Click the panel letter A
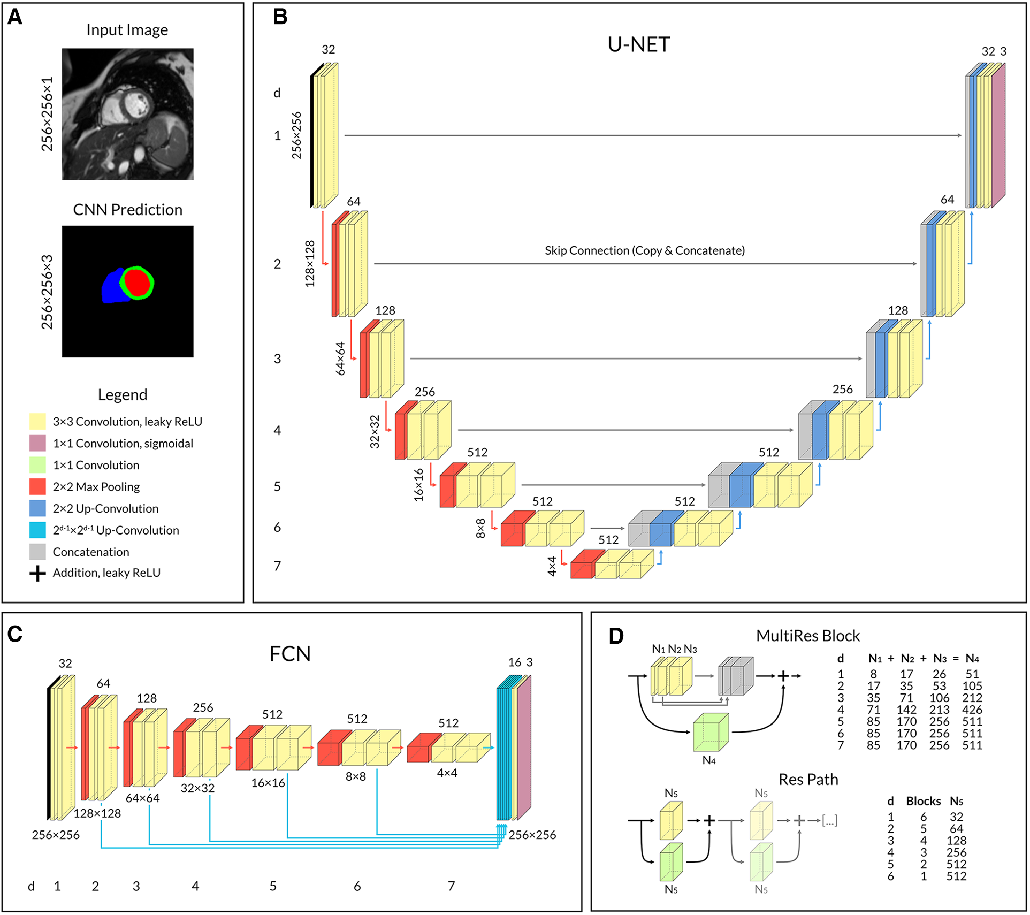pos(15,17)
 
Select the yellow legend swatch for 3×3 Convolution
pos(37,422)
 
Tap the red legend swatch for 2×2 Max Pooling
pos(37,486)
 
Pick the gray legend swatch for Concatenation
pos(37,552)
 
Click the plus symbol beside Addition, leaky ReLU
pos(37,574)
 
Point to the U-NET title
pos(638,44)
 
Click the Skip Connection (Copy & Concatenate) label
pos(644,250)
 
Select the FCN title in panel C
pos(289,654)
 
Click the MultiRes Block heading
pos(807,636)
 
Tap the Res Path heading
pos(808,780)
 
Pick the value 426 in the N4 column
pos(972,710)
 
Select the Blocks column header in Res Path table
pos(923,801)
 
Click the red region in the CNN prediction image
pos(138,283)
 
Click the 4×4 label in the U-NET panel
pos(552,566)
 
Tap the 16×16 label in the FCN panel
pos(268,783)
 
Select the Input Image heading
pos(127,30)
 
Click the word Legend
pos(122,395)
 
